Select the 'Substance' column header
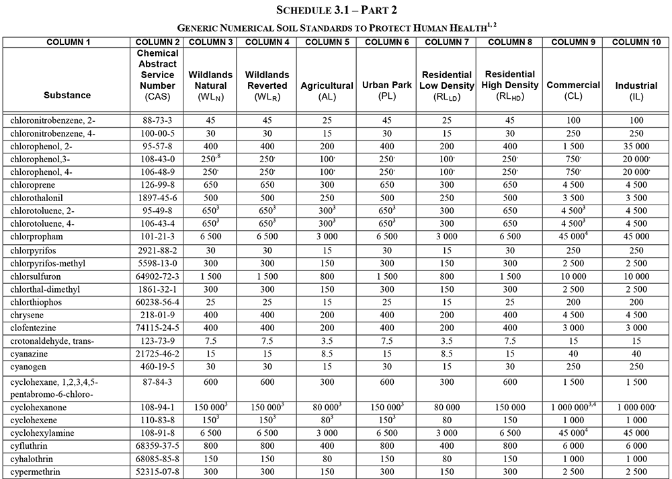coord(67,95)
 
